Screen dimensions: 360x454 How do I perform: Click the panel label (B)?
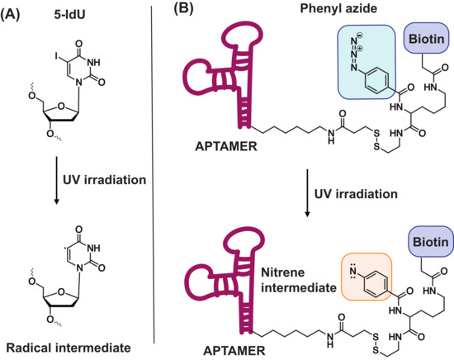point(183,14)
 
